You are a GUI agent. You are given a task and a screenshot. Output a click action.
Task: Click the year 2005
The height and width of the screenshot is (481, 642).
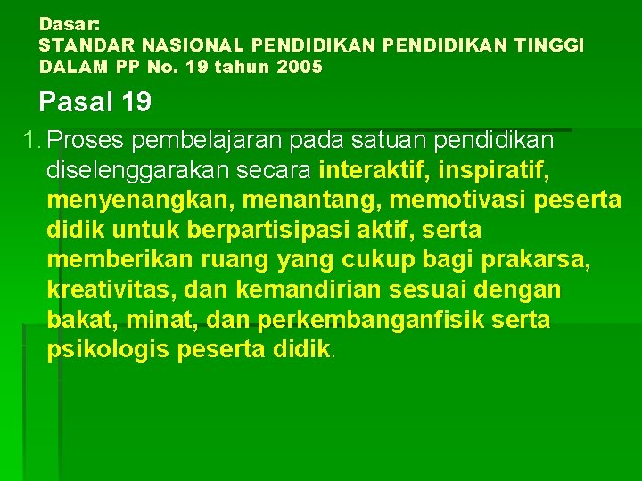(x=300, y=67)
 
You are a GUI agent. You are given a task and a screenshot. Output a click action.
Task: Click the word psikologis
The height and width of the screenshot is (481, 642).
(x=108, y=350)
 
